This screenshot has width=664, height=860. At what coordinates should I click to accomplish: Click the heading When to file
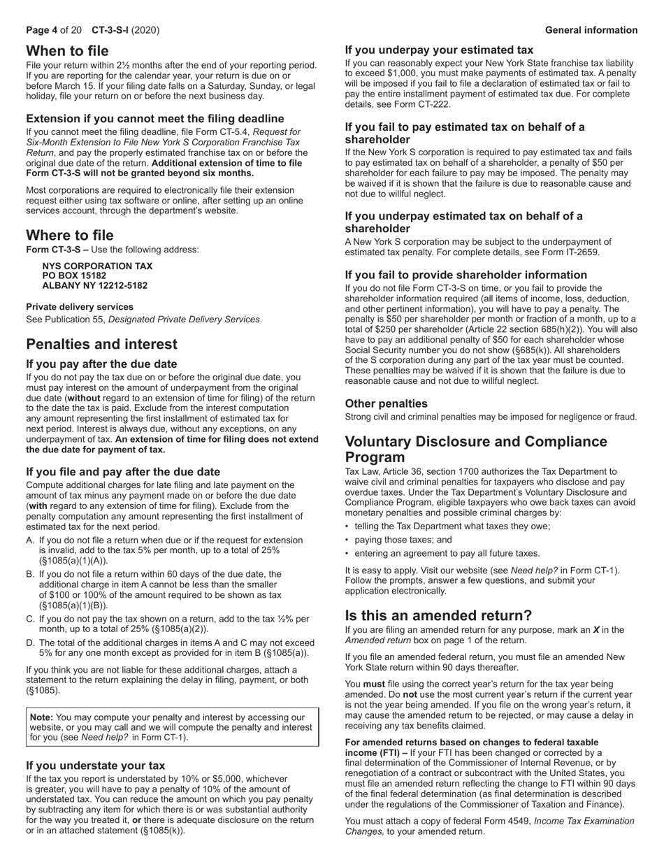[67, 50]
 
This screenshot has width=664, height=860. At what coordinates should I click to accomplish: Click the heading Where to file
[69, 235]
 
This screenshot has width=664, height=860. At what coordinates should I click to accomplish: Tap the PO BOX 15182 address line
[74, 275]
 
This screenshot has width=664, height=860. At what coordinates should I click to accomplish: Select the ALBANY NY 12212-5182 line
[94, 285]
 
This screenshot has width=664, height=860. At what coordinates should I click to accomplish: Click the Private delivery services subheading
[80, 306]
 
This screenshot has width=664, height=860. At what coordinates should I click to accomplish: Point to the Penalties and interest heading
[101, 344]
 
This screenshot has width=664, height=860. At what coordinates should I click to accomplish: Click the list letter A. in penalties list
[31, 540]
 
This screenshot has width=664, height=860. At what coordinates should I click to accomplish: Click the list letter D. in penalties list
[31, 643]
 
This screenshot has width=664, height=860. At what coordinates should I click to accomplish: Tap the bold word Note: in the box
[41, 717]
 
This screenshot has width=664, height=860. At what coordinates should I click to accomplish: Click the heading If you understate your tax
[96, 766]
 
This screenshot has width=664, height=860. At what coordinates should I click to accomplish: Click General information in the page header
[591, 30]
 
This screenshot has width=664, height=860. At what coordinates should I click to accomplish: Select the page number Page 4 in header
[41, 30]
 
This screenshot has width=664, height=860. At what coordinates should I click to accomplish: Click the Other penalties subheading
[386, 403]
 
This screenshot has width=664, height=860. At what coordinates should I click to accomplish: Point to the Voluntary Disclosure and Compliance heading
[476, 442]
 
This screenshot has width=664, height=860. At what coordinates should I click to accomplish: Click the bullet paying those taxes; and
[403, 540]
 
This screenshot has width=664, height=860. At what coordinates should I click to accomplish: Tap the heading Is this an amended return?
[438, 615]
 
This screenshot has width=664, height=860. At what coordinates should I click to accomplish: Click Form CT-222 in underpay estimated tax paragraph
[426, 104]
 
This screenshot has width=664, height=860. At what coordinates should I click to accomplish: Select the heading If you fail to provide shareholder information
[465, 275]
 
